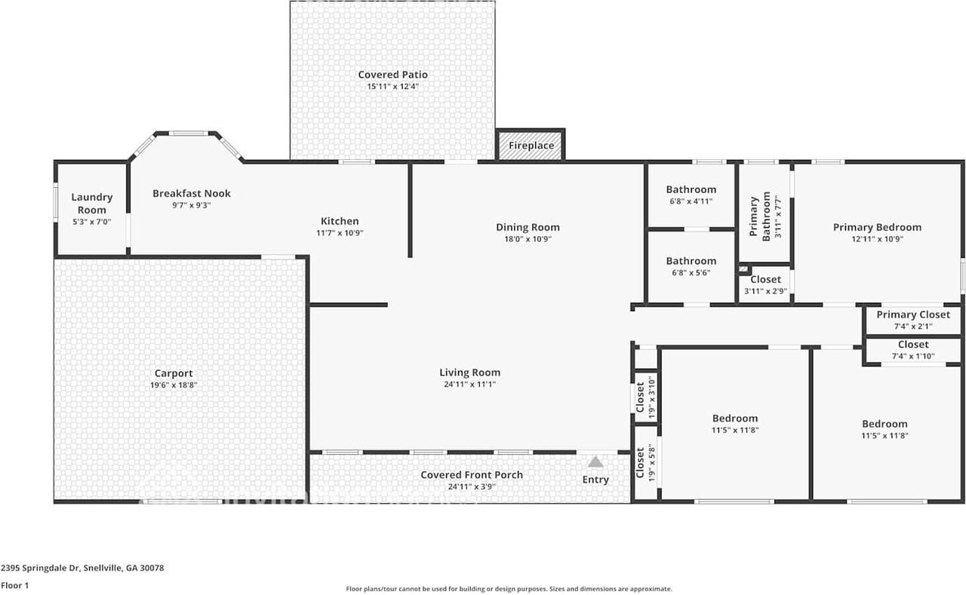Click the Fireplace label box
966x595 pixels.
(531, 146)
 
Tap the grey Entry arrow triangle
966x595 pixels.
(595, 462)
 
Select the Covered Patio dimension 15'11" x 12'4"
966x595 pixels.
(393, 87)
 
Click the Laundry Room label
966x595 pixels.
(92, 204)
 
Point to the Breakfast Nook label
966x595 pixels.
(192, 194)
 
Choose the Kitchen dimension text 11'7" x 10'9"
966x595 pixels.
(340, 233)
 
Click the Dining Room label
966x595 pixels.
(528, 227)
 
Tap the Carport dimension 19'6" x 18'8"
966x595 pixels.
(174, 385)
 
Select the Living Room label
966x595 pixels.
(470, 373)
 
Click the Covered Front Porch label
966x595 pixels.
(472, 474)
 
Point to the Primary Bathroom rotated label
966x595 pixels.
(760, 216)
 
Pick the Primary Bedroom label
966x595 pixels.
(877, 227)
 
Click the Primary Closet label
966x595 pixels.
(913, 314)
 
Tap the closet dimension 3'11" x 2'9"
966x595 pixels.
(765, 291)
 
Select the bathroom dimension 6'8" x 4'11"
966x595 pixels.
(691, 201)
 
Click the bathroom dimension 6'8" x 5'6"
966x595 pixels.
(691, 273)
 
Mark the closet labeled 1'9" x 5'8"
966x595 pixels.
(645, 462)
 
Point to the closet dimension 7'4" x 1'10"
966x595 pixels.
(913, 356)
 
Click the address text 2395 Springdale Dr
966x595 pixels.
(41, 568)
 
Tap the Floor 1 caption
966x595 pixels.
(14, 585)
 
